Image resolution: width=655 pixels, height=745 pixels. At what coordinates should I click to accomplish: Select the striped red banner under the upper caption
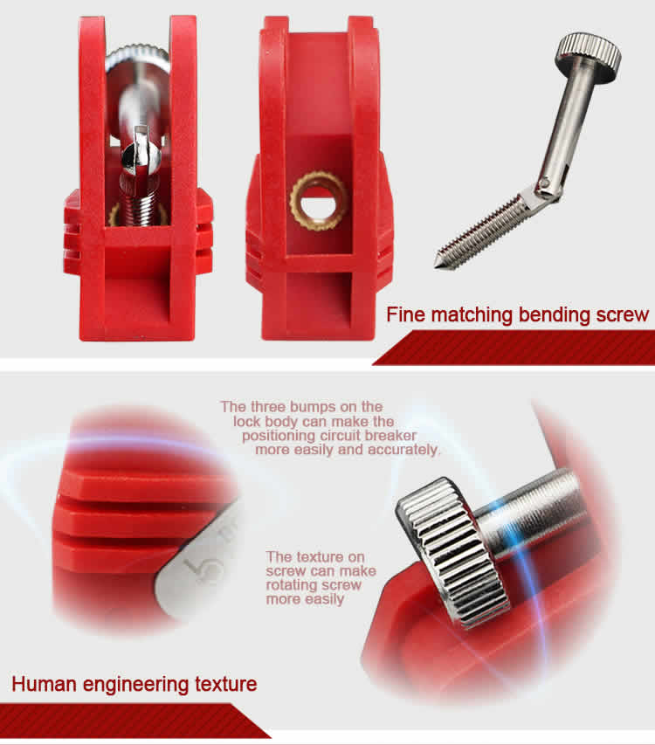515,348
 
